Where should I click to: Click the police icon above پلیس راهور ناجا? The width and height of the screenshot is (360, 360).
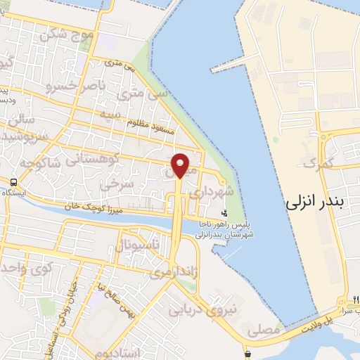pos(224,212)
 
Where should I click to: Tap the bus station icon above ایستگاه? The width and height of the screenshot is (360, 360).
pos(13,181)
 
